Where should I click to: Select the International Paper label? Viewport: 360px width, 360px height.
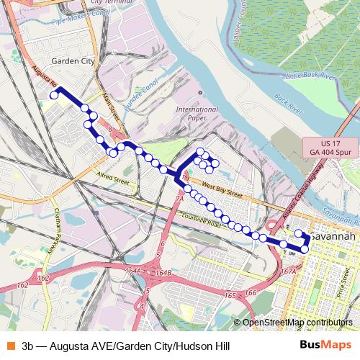point(197,113)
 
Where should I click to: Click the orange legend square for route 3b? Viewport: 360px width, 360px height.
point(9,345)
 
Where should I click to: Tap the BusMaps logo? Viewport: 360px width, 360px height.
point(325,345)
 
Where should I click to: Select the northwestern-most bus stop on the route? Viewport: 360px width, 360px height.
point(53,95)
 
